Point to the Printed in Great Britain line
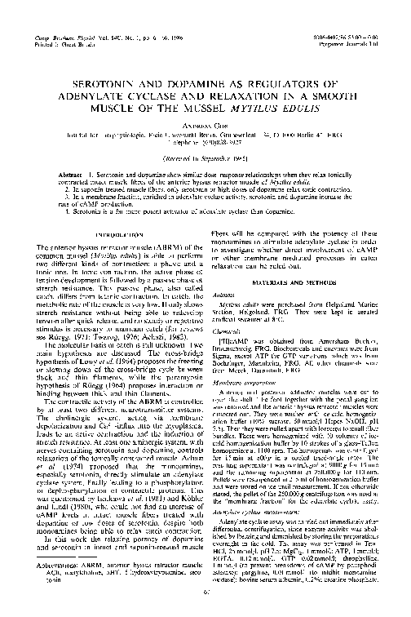point(60,23)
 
